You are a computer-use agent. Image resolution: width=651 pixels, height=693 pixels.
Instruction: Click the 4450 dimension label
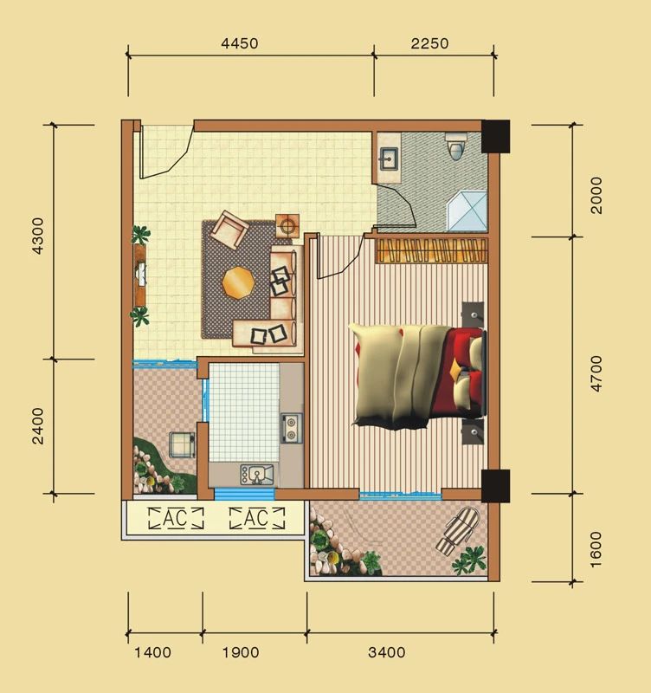click(240, 43)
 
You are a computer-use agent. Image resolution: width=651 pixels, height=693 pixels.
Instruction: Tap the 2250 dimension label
click(429, 43)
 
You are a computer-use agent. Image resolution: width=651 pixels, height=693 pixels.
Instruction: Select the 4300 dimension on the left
click(38, 236)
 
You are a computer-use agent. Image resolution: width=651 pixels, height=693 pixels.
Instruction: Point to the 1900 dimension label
click(241, 652)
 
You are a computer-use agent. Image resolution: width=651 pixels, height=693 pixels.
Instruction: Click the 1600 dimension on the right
click(596, 549)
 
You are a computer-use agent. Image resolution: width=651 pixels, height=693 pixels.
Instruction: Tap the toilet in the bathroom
click(456, 146)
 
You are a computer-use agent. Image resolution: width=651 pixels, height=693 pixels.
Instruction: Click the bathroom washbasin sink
click(389, 159)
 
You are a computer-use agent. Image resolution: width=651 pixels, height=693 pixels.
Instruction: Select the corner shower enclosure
click(467, 210)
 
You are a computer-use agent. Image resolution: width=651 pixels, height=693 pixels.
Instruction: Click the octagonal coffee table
click(238, 283)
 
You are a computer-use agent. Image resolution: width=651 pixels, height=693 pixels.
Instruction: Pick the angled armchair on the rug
click(229, 230)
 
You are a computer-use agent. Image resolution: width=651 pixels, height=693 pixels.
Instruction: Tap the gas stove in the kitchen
click(292, 428)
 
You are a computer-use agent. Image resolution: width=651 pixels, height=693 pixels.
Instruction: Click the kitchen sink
click(256, 475)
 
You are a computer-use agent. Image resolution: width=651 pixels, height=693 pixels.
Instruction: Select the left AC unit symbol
click(176, 518)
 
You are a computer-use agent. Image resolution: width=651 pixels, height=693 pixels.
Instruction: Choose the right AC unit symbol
click(257, 518)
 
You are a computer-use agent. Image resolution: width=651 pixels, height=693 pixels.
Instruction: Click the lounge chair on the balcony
click(459, 531)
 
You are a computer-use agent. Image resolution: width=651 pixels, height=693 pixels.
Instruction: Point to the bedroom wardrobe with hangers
click(431, 250)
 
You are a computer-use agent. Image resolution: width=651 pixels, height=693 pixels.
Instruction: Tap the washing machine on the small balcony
click(182, 445)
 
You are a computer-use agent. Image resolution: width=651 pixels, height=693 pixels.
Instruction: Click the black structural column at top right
click(495, 136)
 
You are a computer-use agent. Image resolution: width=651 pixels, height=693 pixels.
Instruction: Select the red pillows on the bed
click(464, 372)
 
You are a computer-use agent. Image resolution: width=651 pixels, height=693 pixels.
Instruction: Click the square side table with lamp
click(287, 226)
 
